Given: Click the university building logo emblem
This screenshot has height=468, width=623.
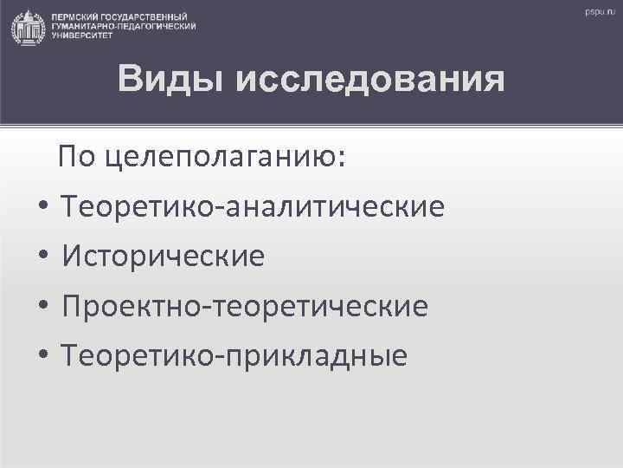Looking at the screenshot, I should (26, 26).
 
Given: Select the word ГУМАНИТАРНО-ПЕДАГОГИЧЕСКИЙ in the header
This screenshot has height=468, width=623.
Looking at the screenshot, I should (124, 27).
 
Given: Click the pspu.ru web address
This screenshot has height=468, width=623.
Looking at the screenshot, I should (597, 12).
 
